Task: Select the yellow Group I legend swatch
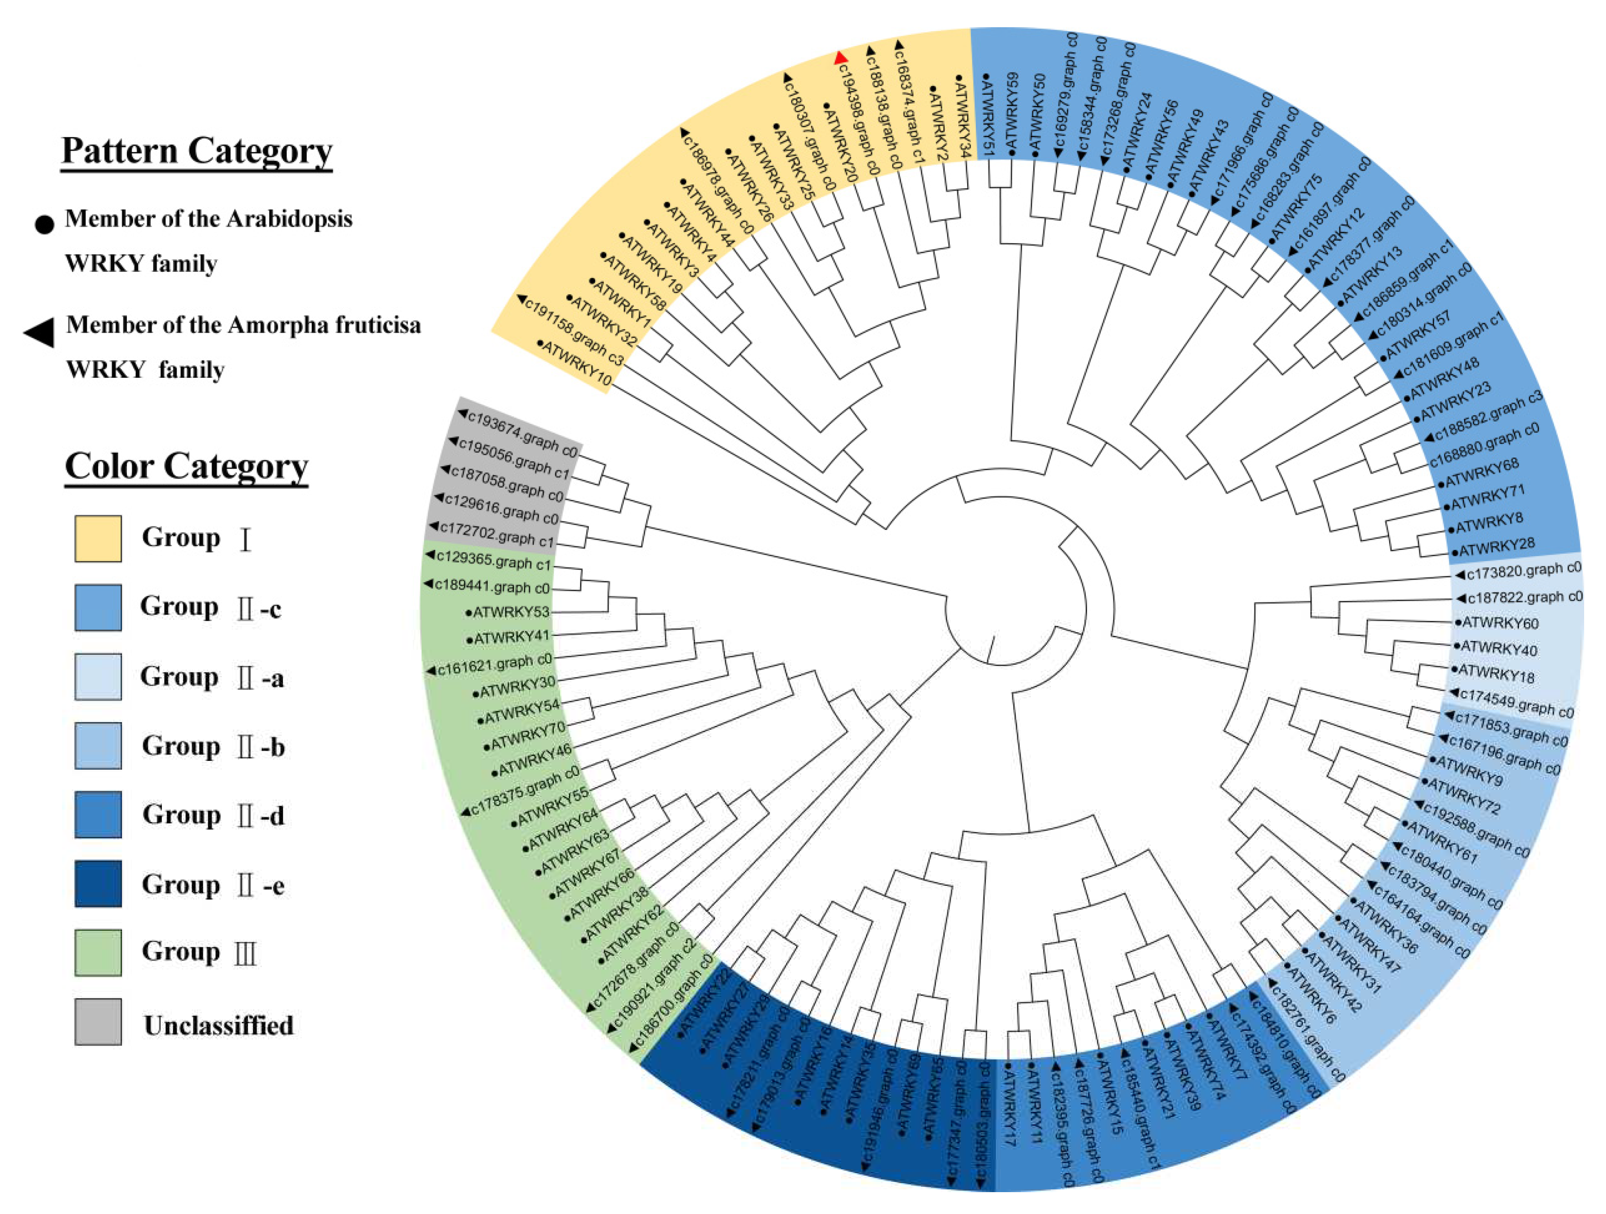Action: click(x=98, y=539)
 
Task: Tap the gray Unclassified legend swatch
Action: click(x=98, y=1021)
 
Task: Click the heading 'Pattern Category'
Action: click(x=197, y=151)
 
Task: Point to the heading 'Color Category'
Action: click(x=187, y=466)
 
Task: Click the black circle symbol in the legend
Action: click(x=44, y=224)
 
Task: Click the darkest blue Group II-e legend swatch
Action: click(x=98, y=883)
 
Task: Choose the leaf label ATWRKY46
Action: click(x=534, y=759)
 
